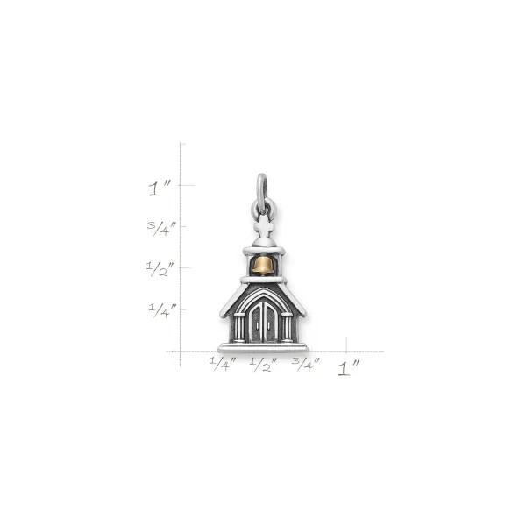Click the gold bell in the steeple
tap(263, 267)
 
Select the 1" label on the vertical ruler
tap(160, 188)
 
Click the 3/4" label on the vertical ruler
tap(161, 229)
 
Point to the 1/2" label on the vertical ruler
tap(160, 269)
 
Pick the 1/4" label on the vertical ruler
tap(162, 310)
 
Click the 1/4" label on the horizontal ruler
tap(223, 364)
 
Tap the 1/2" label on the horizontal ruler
tap(264, 365)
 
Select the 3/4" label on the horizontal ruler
tap(306, 365)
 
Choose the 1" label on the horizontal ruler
tap(348, 368)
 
